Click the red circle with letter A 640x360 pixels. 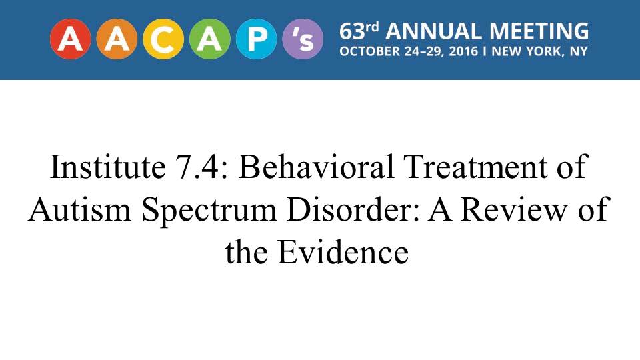(x=71, y=39)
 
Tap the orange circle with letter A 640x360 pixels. (x=117, y=39)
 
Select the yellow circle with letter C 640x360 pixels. (x=163, y=39)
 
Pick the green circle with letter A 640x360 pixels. (x=210, y=39)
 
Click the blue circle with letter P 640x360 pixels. (x=256, y=39)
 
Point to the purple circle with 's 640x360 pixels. (x=303, y=39)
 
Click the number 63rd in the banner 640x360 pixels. (x=359, y=31)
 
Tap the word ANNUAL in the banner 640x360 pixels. (x=433, y=31)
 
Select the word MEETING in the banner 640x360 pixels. (x=539, y=31)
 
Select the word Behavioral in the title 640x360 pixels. (x=316, y=167)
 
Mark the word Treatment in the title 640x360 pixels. (x=475, y=167)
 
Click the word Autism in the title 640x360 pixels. (x=80, y=209)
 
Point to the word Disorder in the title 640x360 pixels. (x=353, y=209)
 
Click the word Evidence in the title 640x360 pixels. (x=343, y=252)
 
